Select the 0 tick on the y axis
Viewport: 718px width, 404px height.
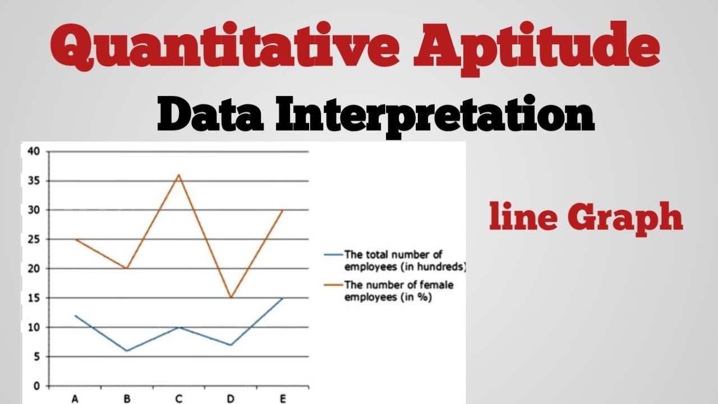click(36, 386)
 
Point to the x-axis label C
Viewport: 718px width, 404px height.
click(179, 399)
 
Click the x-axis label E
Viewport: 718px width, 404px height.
click(283, 399)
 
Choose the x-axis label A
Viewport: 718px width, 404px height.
click(75, 399)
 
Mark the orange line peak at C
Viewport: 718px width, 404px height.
click(179, 175)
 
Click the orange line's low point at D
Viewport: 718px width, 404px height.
click(231, 298)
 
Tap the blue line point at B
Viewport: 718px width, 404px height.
click(127, 351)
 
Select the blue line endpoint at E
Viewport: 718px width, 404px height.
click(283, 298)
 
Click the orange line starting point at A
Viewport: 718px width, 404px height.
click(75, 240)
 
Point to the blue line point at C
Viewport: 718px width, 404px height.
click(179, 327)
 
